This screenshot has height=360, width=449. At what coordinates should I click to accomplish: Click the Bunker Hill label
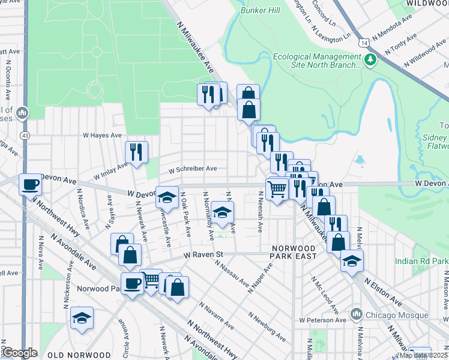point(260,11)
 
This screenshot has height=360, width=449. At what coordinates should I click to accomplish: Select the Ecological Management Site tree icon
point(371,59)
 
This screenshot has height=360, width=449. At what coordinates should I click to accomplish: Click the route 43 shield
point(25,136)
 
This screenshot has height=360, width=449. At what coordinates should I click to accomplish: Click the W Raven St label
point(203,255)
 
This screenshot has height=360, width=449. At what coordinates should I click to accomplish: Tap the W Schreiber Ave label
point(192,169)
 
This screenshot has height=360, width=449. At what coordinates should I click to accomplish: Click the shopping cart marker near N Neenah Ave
point(277,189)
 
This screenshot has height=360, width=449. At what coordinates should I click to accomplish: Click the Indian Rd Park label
point(421,261)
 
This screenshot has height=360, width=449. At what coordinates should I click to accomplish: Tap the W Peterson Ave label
point(324,320)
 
